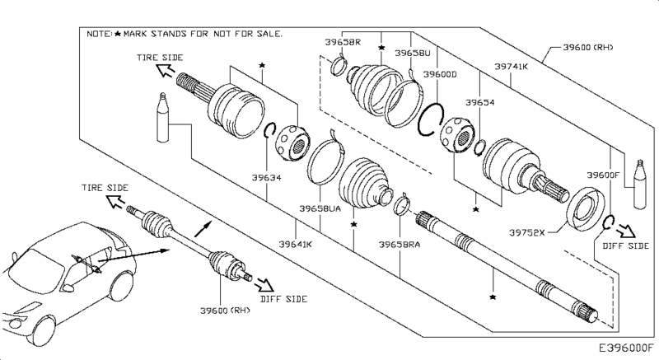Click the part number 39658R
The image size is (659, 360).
[x=343, y=42]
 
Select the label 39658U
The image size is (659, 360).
[x=413, y=53]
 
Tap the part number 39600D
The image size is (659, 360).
[x=440, y=74]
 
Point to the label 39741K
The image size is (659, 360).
[x=511, y=67]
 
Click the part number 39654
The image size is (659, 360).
[x=480, y=102]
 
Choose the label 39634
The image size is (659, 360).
[x=266, y=178]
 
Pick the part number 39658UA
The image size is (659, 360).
[x=320, y=208]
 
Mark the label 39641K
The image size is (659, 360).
[x=296, y=244]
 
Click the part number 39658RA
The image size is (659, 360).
[x=400, y=245]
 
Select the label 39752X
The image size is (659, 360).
[x=526, y=232]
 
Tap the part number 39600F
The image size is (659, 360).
[x=604, y=175]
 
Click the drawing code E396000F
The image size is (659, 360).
[x=626, y=348]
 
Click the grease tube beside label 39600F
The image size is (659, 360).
[x=640, y=184]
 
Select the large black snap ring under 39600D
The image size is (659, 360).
[x=431, y=119]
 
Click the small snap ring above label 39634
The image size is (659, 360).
[x=269, y=130]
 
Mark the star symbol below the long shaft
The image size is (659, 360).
[x=493, y=297]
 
